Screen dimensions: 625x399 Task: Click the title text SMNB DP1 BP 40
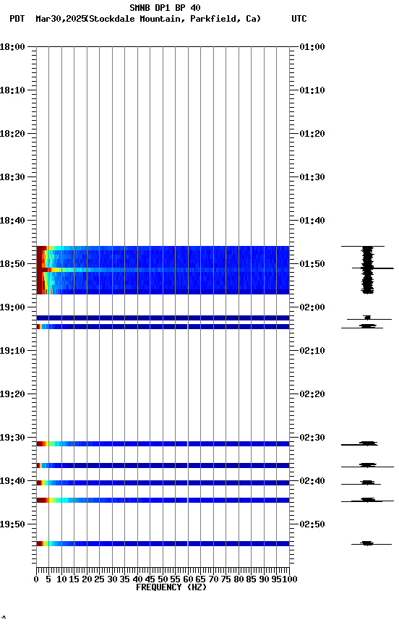click(165, 8)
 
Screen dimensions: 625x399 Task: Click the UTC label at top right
click(299, 19)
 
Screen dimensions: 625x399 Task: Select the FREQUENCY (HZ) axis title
click(171, 587)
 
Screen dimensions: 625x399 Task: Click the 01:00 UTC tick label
click(312, 47)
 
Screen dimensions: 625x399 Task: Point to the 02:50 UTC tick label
click(312, 524)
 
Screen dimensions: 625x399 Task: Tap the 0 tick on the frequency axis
click(37, 579)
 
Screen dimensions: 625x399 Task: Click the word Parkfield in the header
click(215, 19)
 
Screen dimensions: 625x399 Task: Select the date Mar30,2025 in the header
click(59, 19)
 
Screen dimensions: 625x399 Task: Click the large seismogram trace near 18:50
click(368, 270)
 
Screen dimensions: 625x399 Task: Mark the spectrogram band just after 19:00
click(163, 318)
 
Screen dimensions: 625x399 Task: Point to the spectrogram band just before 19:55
click(163, 543)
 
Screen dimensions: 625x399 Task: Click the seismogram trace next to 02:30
click(368, 443)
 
